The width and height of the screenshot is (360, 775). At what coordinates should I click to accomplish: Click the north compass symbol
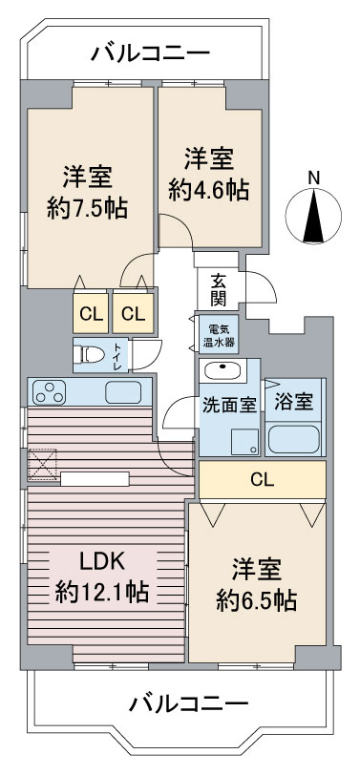pyautogui.click(x=313, y=217)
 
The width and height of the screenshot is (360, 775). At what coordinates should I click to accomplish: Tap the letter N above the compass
pyautogui.click(x=313, y=177)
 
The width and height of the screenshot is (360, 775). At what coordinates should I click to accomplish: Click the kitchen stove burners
pyautogui.click(x=50, y=392)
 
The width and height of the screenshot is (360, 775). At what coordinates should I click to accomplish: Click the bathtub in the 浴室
pyautogui.click(x=294, y=438)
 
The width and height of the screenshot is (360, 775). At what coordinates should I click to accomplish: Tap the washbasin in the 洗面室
pyautogui.click(x=222, y=370)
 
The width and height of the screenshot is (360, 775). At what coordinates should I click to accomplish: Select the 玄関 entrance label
pyautogui.click(x=219, y=289)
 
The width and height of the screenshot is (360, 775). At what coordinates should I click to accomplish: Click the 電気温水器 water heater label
pyautogui.click(x=219, y=335)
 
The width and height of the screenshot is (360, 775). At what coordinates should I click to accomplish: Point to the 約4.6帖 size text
pyautogui.click(x=208, y=190)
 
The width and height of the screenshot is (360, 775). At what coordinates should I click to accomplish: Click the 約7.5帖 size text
pyautogui.click(x=87, y=208)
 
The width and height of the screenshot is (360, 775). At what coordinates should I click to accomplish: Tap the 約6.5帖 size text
pyautogui.click(x=256, y=600)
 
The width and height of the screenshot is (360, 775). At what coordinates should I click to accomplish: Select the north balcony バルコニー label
pyautogui.click(x=150, y=52)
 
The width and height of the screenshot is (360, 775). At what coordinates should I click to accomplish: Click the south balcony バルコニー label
pyautogui.click(x=188, y=703)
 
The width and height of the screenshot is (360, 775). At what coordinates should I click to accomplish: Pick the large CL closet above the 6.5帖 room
pyautogui.click(x=263, y=479)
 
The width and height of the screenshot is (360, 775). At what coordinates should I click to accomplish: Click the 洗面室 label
pyautogui.click(x=229, y=406)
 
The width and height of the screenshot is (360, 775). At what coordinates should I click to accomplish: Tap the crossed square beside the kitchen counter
pyautogui.click(x=42, y=464)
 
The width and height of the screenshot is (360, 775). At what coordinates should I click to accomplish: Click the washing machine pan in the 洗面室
pyautogui.click(x=245, y=441)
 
